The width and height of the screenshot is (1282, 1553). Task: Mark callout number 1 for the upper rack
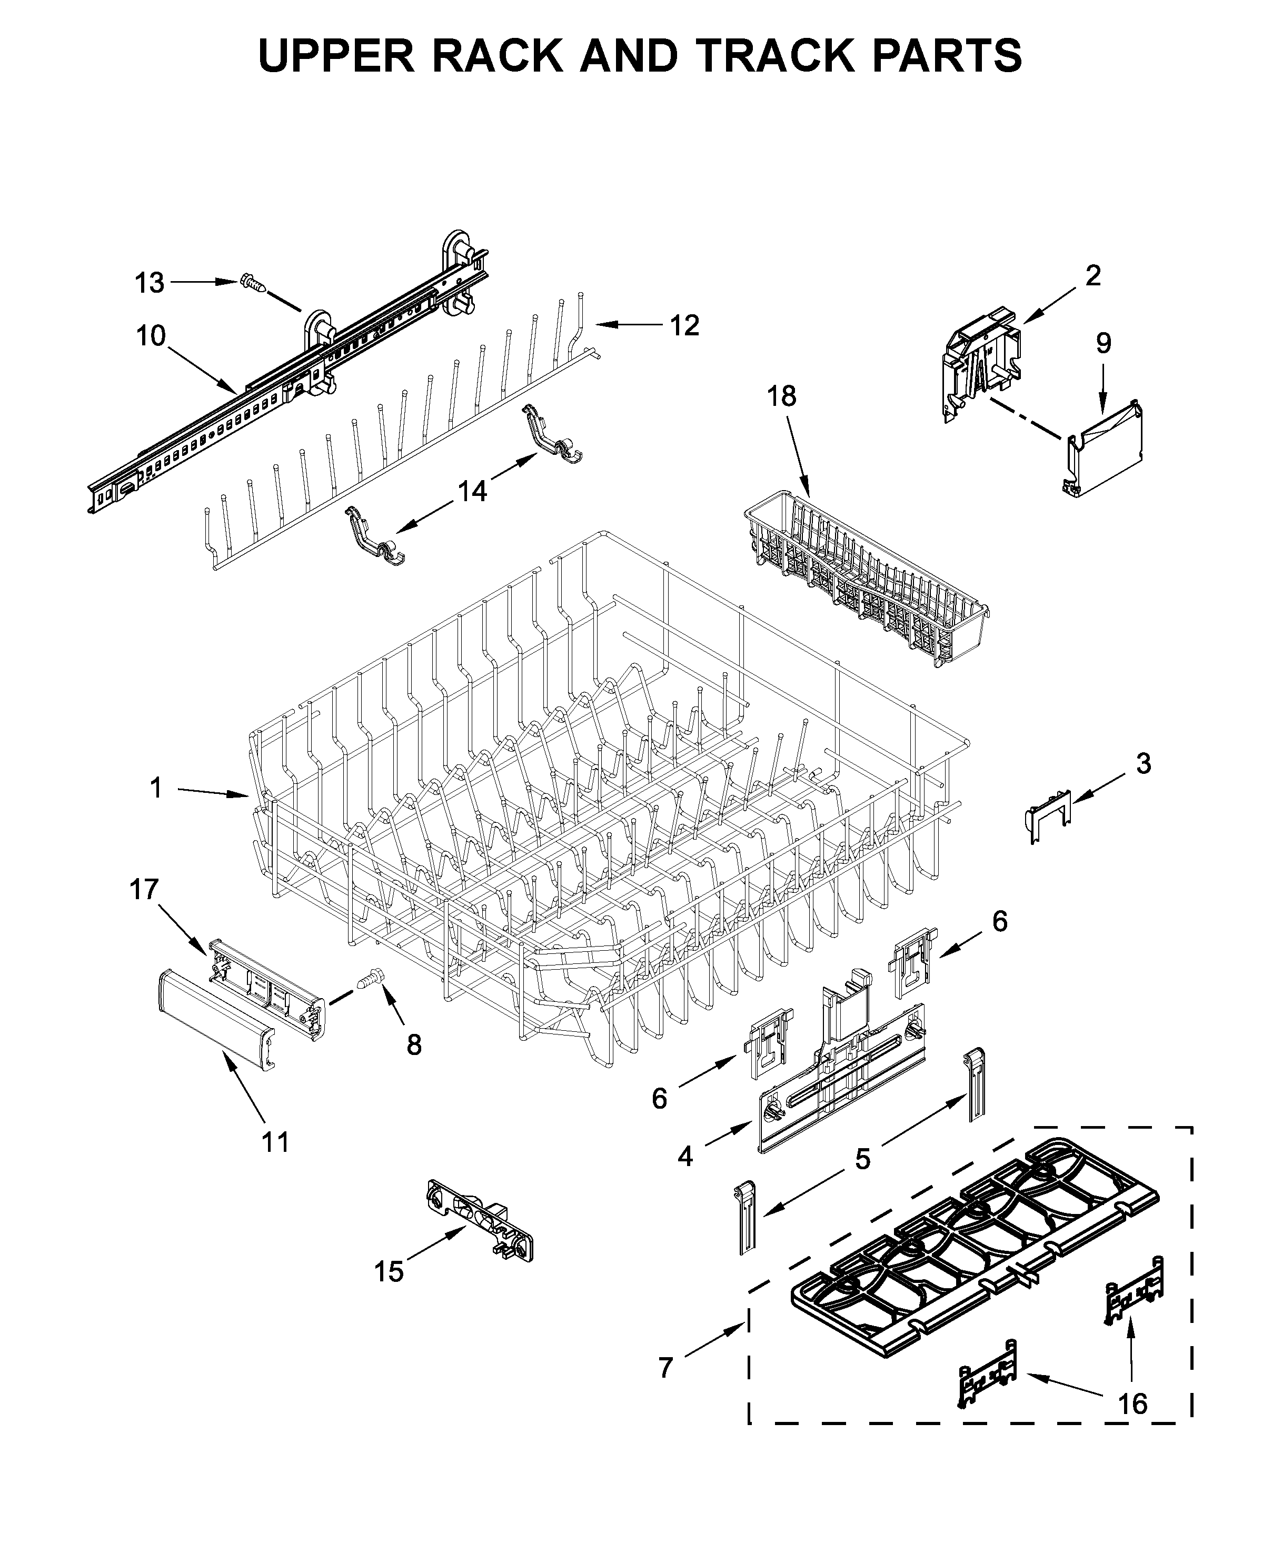156,788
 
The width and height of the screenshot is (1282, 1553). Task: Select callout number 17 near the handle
145,889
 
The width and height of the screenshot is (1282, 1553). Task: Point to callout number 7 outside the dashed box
665,1368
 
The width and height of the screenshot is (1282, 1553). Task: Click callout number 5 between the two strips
862,1159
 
